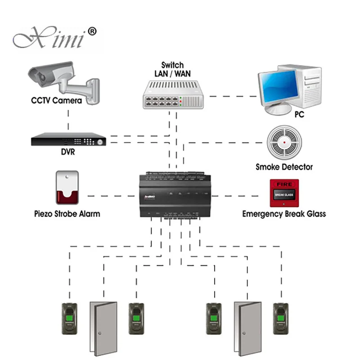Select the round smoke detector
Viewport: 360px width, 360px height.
(x=283, y=142)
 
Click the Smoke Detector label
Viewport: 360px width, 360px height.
(x=284, y=167)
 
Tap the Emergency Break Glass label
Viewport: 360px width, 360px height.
(x=284, y=213)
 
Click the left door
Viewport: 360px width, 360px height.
(x=103, y=328)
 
